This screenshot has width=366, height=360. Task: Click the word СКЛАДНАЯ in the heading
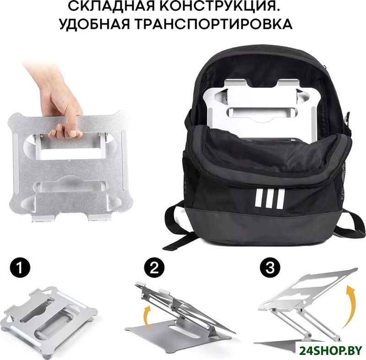111,6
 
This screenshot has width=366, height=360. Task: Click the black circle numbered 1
20,268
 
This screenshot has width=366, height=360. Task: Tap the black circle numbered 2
154,268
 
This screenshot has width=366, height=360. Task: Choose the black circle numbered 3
270,268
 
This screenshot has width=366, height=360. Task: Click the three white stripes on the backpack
270,199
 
